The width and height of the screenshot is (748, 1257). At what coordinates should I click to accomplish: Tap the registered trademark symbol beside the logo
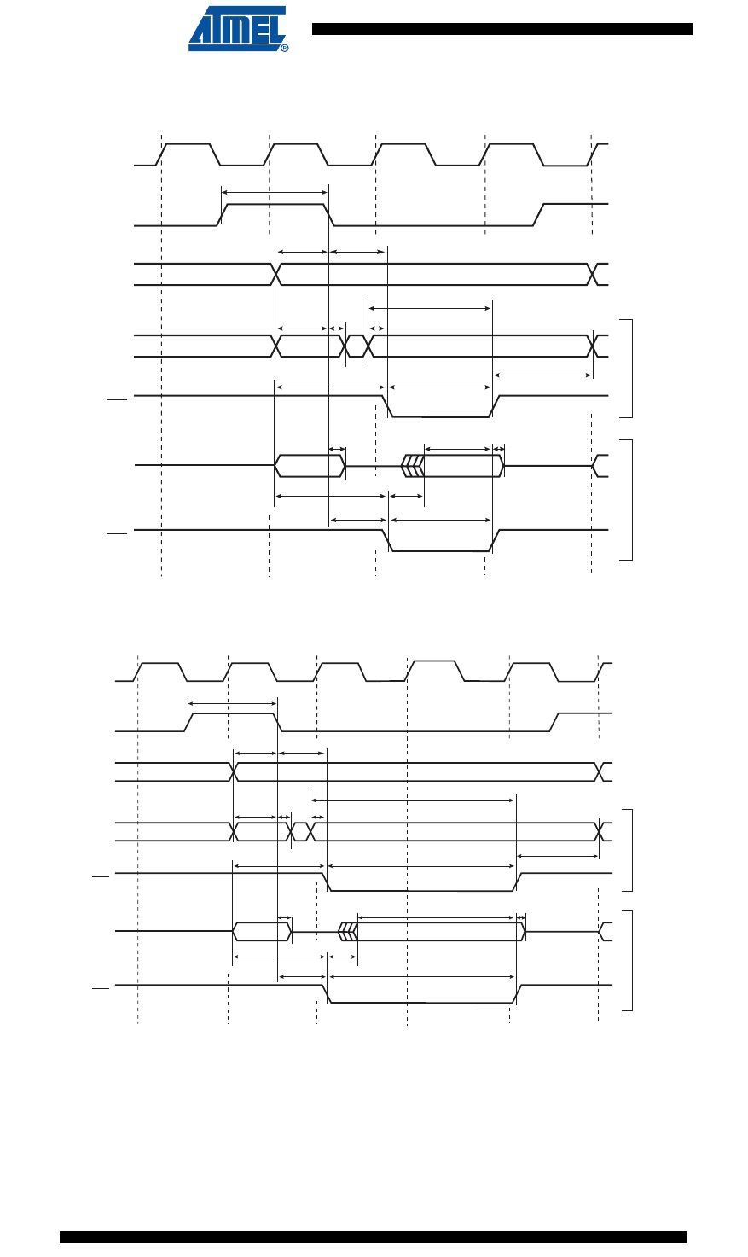284,48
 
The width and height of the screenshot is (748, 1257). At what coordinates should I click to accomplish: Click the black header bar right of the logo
502,29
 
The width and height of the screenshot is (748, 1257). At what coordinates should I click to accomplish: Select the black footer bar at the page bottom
373,1237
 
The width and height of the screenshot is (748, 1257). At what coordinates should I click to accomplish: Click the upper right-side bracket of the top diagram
630,368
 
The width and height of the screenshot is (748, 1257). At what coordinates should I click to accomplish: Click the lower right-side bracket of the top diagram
630,499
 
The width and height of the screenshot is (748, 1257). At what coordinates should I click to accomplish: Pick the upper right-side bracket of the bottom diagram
630,848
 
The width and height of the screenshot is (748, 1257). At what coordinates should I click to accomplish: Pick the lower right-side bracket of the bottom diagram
630,960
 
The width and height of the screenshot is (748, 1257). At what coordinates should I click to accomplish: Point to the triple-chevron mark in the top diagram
412,466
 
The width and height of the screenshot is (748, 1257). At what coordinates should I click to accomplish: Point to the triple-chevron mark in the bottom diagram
348,931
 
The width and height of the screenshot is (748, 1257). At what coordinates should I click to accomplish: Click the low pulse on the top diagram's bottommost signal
440,550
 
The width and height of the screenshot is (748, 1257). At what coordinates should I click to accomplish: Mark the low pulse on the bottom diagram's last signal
423,1003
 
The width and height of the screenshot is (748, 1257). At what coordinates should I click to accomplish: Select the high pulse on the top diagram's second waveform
275,205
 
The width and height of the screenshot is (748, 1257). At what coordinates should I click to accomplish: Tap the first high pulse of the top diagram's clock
188,145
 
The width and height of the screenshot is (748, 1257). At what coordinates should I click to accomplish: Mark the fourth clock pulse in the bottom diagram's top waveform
434,662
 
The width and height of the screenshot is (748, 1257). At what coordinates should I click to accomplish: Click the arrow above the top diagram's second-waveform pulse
275,193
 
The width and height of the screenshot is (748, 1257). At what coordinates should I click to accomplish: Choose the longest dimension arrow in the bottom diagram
413,800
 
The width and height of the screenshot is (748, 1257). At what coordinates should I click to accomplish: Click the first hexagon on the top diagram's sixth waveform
309,466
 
